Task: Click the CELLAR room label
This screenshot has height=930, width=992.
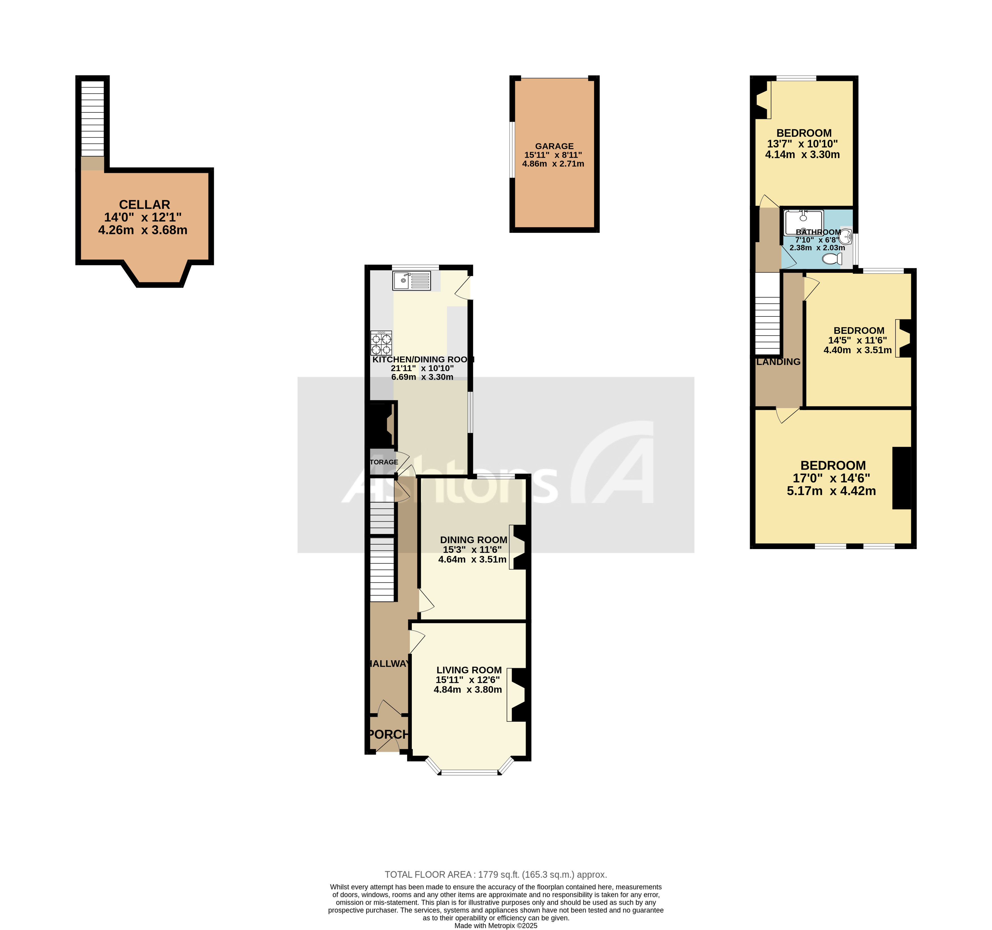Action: (144, 205)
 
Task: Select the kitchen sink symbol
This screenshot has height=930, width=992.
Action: (411, 280)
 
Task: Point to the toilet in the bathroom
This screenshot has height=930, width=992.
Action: (831, 259)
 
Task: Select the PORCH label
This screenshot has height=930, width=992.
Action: (388, 734)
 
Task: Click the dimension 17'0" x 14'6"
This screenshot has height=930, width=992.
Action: (831, 478)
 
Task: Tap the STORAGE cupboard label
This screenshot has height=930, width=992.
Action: (384, 462)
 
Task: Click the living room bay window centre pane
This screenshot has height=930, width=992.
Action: (469, 773)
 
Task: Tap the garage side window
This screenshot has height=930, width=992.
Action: (511, 150)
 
